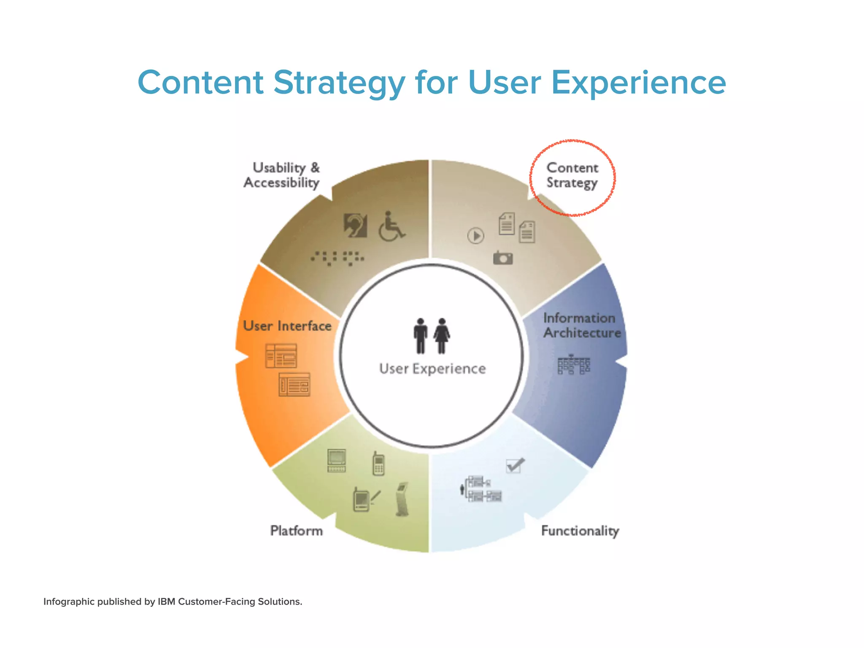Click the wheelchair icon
391,227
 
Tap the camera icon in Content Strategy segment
503,257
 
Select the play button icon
476,236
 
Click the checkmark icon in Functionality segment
515,465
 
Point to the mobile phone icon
378,464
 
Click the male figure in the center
420,335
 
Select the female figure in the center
442,335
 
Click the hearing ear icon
355,225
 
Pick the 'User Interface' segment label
287,326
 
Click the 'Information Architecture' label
581,325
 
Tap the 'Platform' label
296,531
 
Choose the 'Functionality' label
580,531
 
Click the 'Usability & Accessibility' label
282,175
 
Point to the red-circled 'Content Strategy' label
572,175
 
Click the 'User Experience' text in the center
432,369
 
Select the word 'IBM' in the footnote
167,602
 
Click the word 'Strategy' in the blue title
339,83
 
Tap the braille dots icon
337,257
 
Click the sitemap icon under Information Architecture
573,365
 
